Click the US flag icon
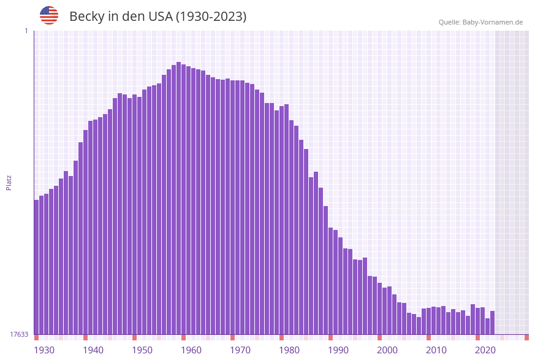49,15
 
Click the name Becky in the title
86,17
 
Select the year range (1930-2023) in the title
211,17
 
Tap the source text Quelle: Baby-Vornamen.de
480,22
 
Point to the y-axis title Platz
9,182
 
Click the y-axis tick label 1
26,31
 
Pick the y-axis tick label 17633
19,334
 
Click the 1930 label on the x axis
44,350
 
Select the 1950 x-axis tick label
142,350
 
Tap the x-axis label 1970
240,350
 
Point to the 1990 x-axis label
338,350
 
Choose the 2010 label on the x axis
436,350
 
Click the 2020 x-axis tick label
485,350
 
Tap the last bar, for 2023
492,323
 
